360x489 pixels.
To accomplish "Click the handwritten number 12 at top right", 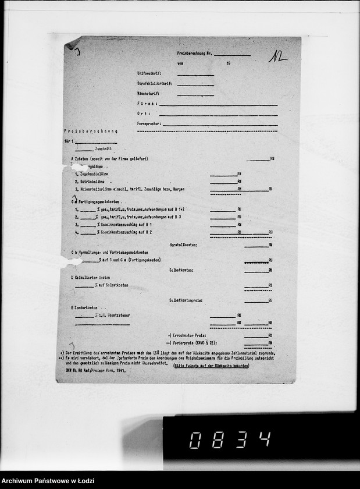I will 277,56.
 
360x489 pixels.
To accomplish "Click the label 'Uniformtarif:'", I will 149,74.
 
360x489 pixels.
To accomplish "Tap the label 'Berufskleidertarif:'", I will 153,84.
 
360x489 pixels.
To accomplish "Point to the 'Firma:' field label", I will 147,104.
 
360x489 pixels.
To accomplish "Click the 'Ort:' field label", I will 144,114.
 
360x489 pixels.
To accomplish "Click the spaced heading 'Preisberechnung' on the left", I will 91,132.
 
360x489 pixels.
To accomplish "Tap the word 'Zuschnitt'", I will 95,149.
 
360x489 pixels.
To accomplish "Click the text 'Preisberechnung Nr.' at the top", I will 194,52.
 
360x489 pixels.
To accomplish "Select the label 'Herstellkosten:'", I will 183,245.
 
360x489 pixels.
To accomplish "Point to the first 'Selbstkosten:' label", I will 181,270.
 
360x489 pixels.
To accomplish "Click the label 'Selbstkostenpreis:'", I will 186,300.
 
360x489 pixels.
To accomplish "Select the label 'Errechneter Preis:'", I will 186,336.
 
